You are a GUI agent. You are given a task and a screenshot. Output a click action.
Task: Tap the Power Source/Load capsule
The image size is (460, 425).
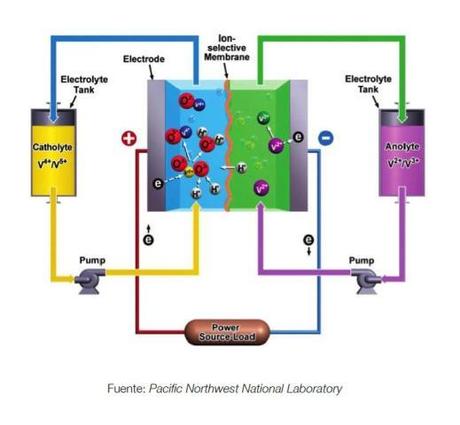click(226, 331)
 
